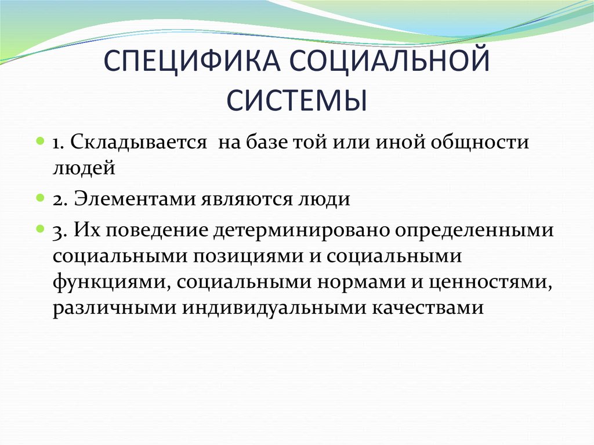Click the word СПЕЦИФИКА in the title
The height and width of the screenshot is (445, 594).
192,60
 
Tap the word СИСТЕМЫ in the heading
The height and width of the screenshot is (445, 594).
297,100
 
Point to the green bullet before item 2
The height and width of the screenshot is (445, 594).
41,198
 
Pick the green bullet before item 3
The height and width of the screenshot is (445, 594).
41,229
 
